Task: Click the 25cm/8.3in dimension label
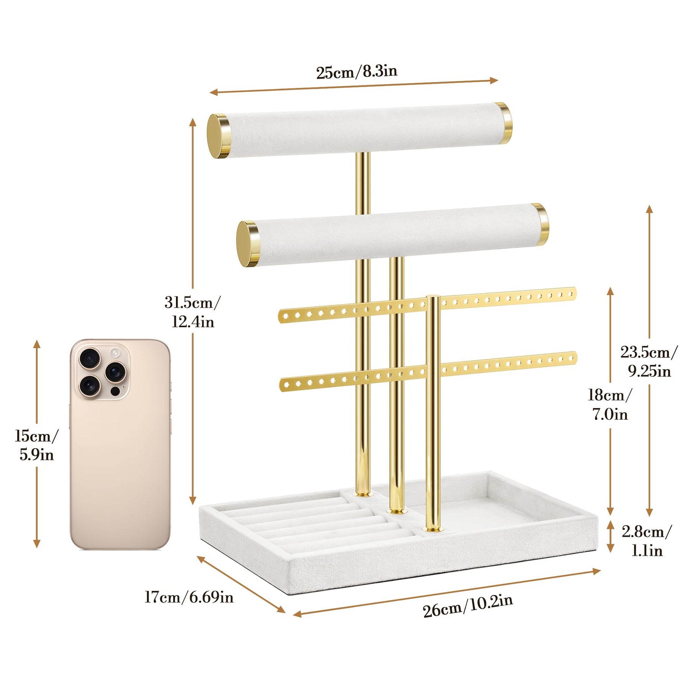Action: [356, 72]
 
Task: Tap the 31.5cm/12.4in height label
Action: [193, 312]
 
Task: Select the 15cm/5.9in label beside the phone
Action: [37, 445]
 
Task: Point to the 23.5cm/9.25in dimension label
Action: [649, 361]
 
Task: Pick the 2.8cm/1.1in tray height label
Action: [647, 541]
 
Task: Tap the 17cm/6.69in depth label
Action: [189, 597]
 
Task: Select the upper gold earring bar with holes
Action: [427, 304]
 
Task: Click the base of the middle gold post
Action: [397, 511]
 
